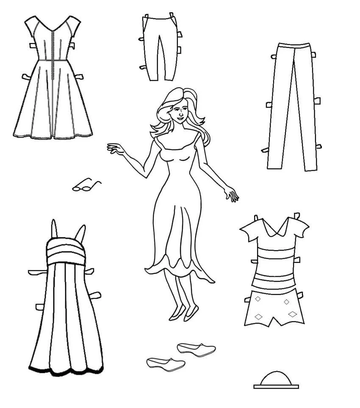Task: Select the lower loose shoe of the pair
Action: (x=166, y=363)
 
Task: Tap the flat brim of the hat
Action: (x=276, y=386)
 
